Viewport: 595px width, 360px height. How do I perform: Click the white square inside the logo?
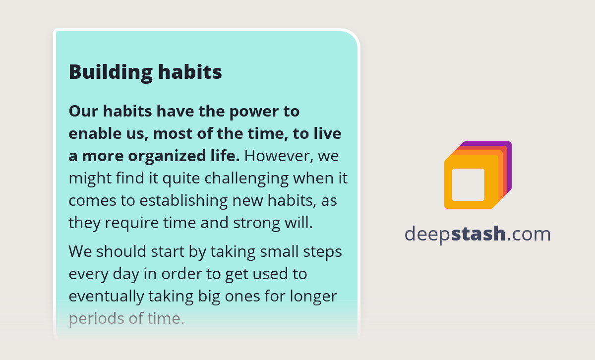[x=468, y=184]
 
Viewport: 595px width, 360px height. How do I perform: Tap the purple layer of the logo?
[x=508, y=149]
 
